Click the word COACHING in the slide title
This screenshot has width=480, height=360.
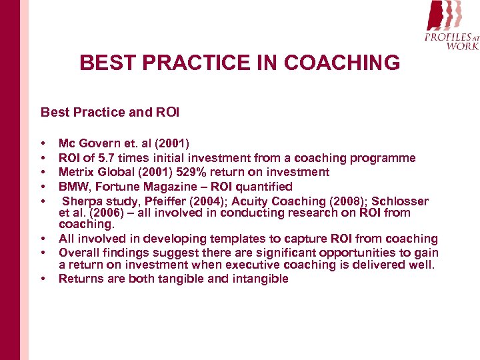[x=343, y=63]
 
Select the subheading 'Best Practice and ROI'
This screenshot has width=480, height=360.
[x=110, y=112]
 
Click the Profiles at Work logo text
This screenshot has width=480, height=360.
[x=452, y=41]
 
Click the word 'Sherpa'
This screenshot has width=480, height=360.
[x=82, y=201]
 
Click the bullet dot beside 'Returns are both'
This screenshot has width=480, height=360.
[x=43, y=279]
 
